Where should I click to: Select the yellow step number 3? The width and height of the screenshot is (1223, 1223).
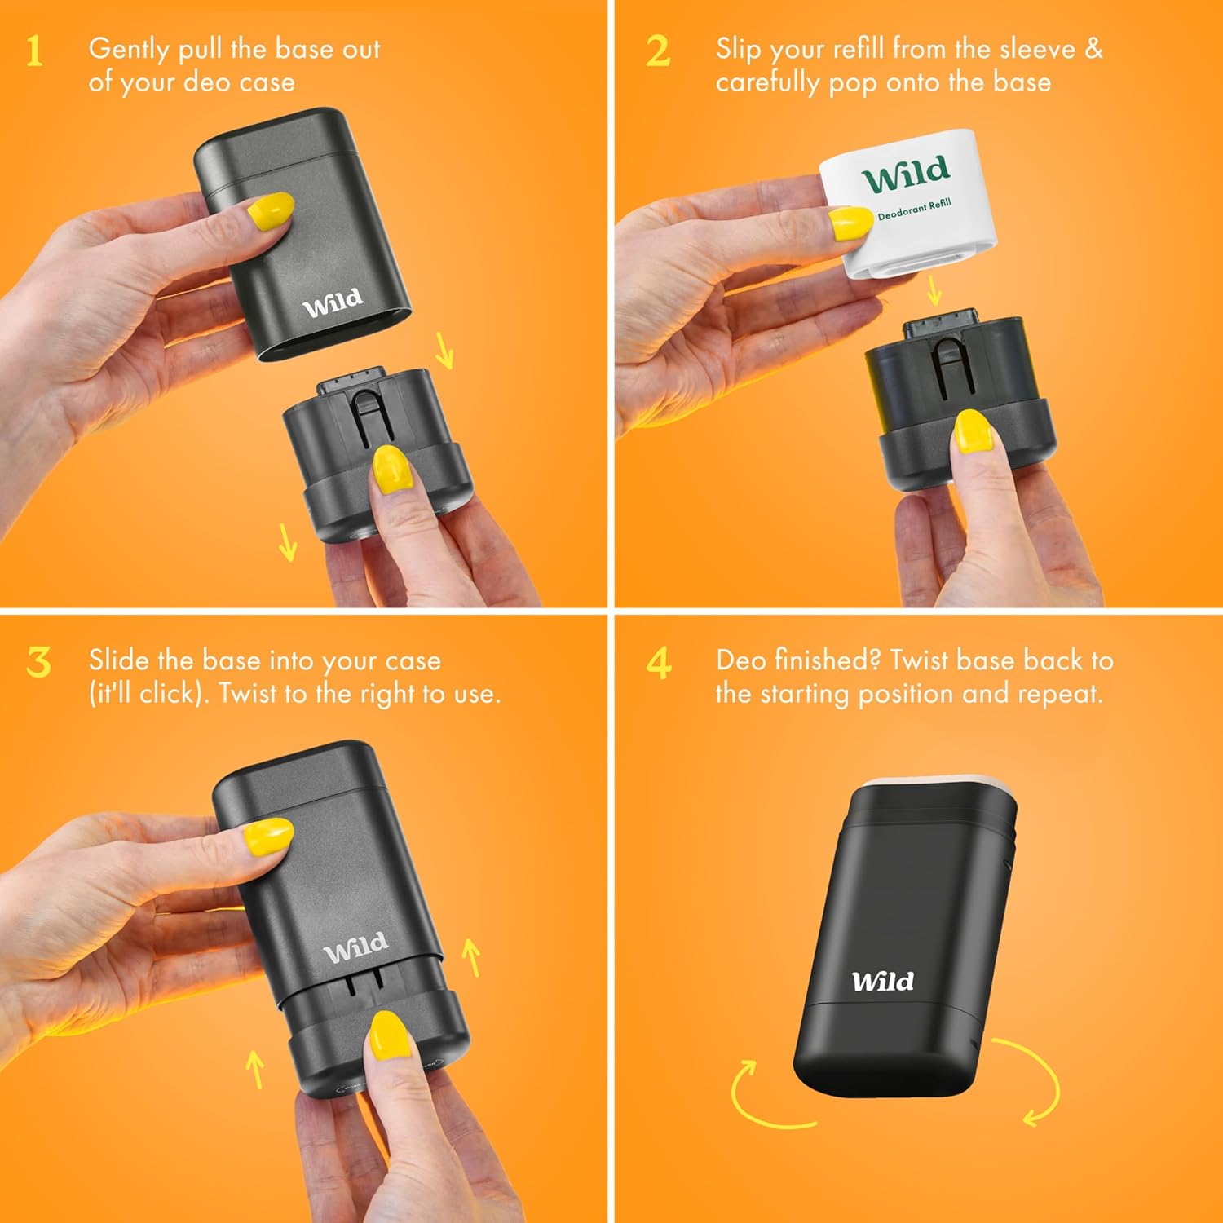[x=38, y=662]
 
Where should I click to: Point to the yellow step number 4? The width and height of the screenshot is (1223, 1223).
[x=659, y=662]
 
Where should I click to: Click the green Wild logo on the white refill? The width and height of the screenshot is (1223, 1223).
[x=906, y=174]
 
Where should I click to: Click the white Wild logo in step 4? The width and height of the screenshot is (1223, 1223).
[x=883, y=980]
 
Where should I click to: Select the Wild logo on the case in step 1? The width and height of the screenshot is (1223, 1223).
[x=333, y=302]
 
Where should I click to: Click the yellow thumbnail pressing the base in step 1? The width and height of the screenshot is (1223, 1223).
[x=391, y=468]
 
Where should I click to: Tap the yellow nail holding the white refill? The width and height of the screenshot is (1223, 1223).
[x=850, y=223]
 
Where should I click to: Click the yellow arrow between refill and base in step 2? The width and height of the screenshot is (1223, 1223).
[x=934, y=289]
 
